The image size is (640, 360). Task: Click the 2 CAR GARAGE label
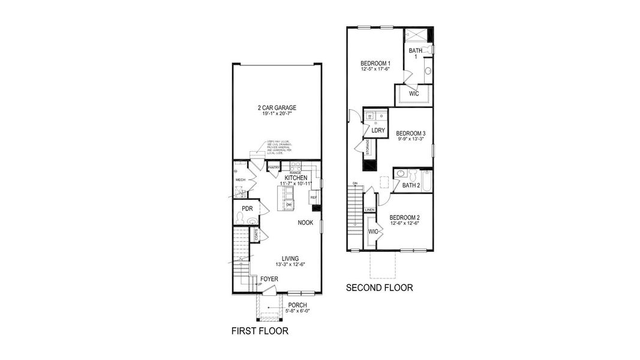point(277,108)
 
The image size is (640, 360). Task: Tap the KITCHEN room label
point(296,178)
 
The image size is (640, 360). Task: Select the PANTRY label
point(274,168)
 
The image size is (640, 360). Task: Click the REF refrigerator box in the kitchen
point(313,197)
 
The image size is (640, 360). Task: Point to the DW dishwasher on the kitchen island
point(289,205)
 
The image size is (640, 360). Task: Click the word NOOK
point(306,223)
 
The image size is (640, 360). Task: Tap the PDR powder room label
point(247,209)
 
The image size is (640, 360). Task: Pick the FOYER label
point(269,279)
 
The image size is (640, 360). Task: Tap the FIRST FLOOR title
point(260,331)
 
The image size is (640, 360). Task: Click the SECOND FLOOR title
point(379,288)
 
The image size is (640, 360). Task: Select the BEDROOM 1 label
point(375,64)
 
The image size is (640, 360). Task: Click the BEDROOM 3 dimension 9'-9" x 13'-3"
point(411,139)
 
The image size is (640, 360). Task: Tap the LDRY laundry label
point(378,130)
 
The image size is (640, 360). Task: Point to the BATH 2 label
point(411,185)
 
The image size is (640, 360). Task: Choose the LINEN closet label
point(369,210)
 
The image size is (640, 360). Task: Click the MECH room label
point(240,179)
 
